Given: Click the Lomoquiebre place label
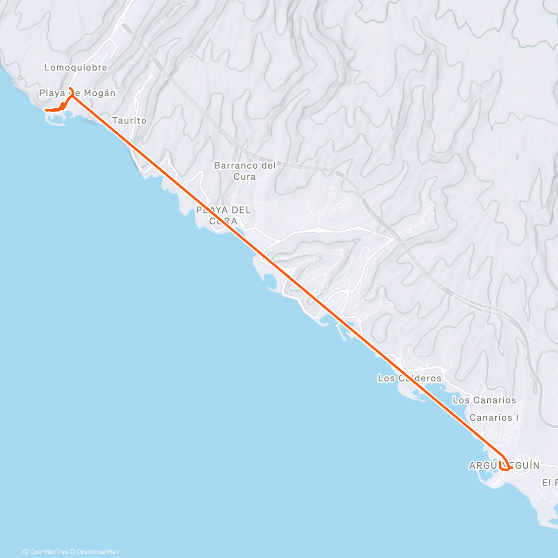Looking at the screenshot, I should coord(76,67).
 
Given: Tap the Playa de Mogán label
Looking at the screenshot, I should coord(77,93).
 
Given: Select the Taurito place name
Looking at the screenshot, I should coord(129,120).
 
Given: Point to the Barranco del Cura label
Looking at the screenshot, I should coord(245,171).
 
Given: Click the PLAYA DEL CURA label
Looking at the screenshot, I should coord(223,215).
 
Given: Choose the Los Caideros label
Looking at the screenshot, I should coord(410,378).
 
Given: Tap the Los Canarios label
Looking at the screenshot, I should coord(484,400).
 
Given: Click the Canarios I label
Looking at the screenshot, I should coord(494,417).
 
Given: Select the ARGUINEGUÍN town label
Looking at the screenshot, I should coord(505,465).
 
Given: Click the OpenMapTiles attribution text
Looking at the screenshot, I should coord(46,552).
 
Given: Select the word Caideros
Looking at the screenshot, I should coord(418,378).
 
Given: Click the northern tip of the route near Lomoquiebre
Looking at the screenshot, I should coord(70,88).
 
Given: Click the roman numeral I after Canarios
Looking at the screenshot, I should coord(517,417).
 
